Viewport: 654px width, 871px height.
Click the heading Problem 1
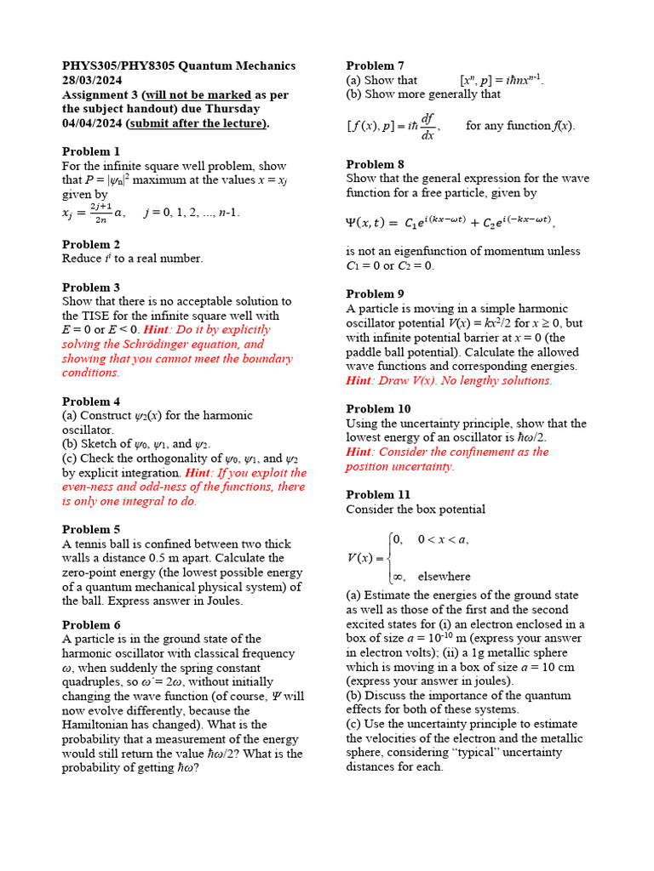pos(91,151)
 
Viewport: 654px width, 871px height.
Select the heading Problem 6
pos(91,624)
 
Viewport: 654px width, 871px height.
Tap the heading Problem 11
pos(378,494)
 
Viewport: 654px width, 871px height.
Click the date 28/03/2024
pos(95,80)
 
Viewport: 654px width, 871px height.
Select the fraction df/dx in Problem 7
pos(427,127)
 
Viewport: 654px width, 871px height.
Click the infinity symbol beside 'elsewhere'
pos(398,577)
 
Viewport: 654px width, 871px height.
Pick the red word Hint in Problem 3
pos(156,330)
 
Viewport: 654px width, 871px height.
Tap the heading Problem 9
pos(375,293)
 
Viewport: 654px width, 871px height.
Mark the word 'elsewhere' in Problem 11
pos(444,577)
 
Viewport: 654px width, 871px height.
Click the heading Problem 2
pos(91,244)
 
